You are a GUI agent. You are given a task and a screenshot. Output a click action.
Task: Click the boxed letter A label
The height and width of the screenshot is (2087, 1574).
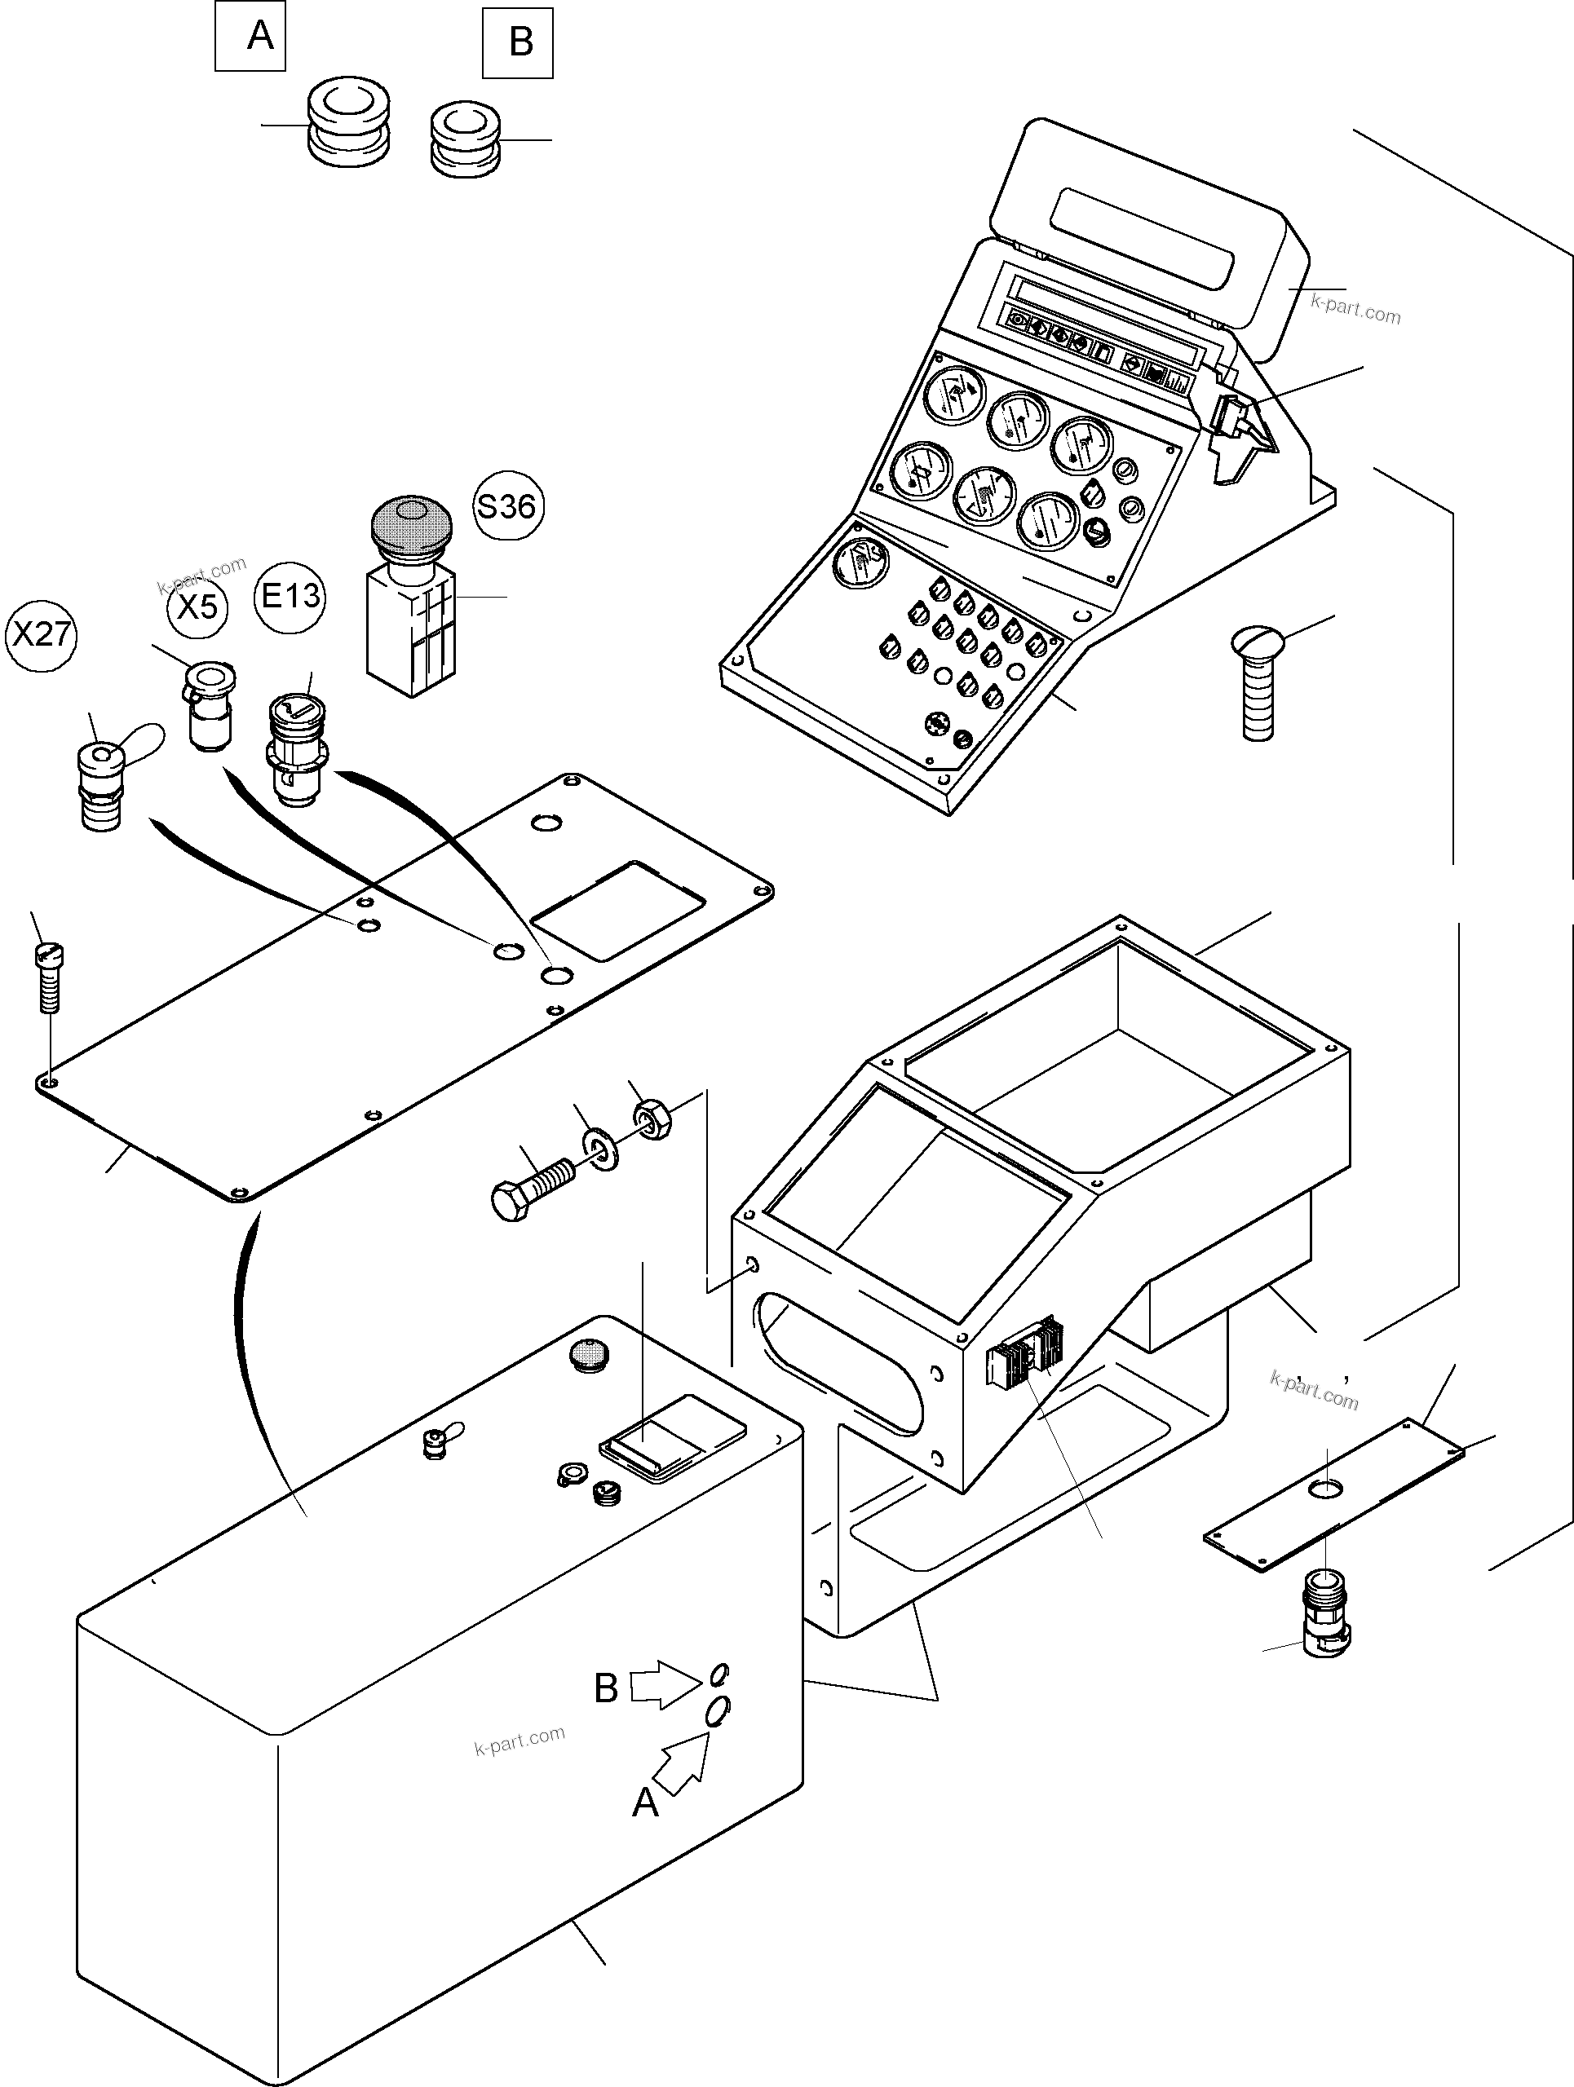(x=250, y=36)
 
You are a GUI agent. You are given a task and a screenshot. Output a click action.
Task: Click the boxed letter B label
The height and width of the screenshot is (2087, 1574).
(x=518, y=42)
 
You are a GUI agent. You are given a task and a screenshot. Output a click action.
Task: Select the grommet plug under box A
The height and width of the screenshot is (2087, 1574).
(x=349, y=122)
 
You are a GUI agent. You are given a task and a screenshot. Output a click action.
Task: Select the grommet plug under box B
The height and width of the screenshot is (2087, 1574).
(x=464, y=139)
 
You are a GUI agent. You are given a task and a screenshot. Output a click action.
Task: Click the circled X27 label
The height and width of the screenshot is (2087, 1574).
(x=41, y=634)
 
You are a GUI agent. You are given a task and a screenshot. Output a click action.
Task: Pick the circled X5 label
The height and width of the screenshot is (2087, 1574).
(x=198, y=607)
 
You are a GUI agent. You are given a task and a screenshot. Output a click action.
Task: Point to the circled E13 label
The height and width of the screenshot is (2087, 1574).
(x=290, y=595)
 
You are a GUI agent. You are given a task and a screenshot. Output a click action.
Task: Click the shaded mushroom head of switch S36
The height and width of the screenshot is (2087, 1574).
(x=411, y=524)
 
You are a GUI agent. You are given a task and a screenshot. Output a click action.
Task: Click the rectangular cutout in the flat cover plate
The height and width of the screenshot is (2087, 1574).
(x=618, y=909)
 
